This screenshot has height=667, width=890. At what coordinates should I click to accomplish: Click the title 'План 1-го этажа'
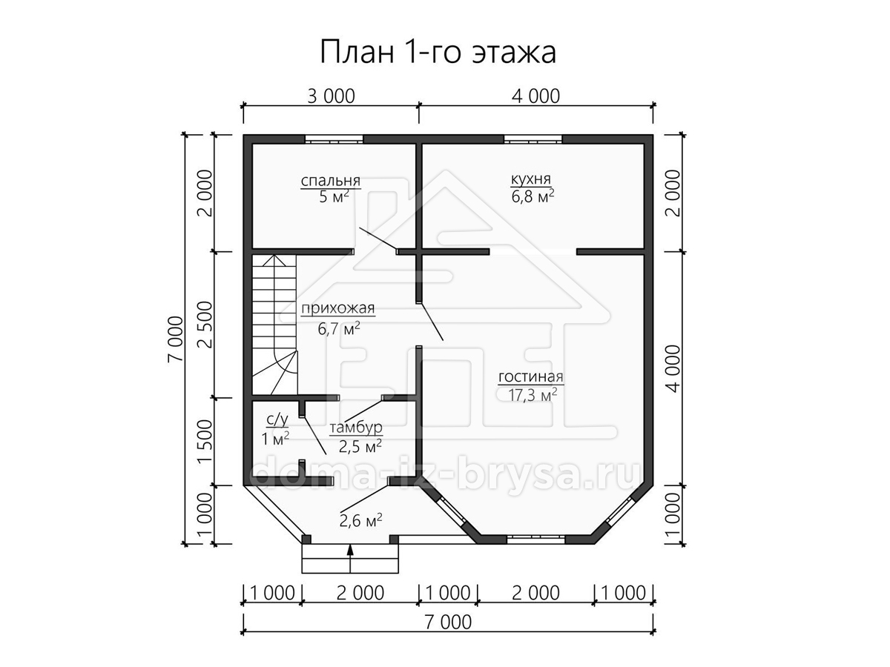click(x=438, y=52)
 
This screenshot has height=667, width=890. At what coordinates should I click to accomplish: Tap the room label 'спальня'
click(x=331, y=180)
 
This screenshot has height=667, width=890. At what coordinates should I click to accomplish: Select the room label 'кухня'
click(x=531, y=179)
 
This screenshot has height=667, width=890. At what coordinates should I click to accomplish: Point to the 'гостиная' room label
click(x=531, y=376)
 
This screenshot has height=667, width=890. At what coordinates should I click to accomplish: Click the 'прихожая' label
click(x=337, y=308)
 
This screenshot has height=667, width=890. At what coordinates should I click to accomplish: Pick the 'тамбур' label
click(x=355, y=428)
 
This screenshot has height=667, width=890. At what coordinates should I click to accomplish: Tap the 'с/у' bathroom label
click(x=277, y=420)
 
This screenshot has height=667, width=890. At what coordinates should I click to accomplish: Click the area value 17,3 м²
click(x=533, y=395)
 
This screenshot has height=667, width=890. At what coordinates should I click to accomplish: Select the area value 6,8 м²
click(x=533, y=197)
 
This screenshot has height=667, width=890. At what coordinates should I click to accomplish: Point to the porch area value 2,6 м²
click(x=360, y=521)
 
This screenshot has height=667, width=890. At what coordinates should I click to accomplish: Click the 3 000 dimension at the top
click(x=331, y=96)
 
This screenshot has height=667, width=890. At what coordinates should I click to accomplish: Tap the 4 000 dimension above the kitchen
click(x=535, y=96)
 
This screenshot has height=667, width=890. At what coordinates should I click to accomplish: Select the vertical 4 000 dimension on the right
click(x=673, y=368)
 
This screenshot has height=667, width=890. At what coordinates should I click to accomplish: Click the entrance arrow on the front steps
click(x=351, y=559)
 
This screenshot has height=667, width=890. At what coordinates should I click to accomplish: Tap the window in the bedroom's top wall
click(x=334, y=139)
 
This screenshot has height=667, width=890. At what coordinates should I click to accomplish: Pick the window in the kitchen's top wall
click(x=533, y=139)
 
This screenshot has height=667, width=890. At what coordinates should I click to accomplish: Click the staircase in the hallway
click(x=275, y=325)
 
